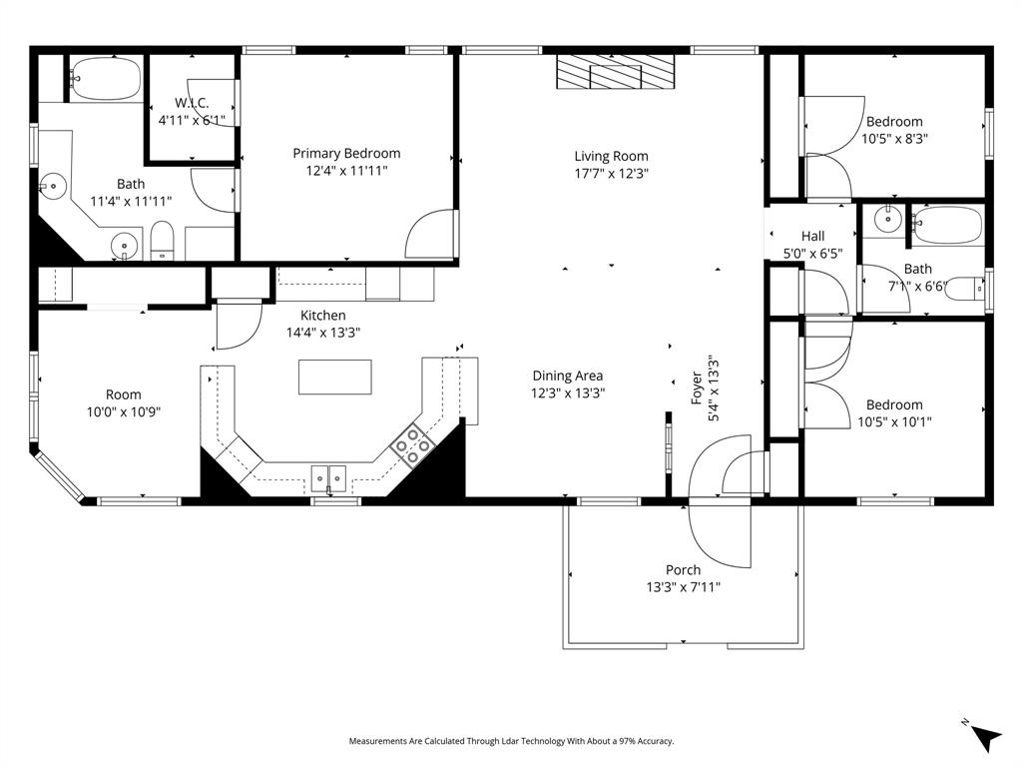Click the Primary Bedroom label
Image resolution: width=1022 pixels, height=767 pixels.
coord(346,153)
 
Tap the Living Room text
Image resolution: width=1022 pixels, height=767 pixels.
coord(611,156)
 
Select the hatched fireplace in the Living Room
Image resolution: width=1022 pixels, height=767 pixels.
coord(615,74)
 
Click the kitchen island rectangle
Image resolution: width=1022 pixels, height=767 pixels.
coord(334,377)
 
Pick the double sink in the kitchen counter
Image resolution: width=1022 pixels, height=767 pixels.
coord(330,478)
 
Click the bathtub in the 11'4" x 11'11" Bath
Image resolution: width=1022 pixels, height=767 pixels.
coord(106,79)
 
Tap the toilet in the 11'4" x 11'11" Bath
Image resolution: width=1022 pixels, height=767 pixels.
coord(163,242)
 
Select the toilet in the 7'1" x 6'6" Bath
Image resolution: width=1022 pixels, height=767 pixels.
coord(962,289)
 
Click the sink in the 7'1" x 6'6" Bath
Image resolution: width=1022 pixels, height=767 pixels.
coord(885,219)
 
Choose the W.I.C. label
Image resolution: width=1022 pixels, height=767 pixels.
coord(191,103)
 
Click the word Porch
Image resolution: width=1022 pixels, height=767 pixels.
coord(683,570)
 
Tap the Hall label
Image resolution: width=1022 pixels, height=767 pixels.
coord(812,236)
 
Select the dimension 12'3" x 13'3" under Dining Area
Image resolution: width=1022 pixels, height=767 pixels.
coord(567,392)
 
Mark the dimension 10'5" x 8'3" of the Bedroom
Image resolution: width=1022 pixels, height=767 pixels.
coord(894,139)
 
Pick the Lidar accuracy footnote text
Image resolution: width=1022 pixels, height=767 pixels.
coord(511,741)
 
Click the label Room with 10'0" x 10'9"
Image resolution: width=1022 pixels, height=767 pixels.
coord(124,394)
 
